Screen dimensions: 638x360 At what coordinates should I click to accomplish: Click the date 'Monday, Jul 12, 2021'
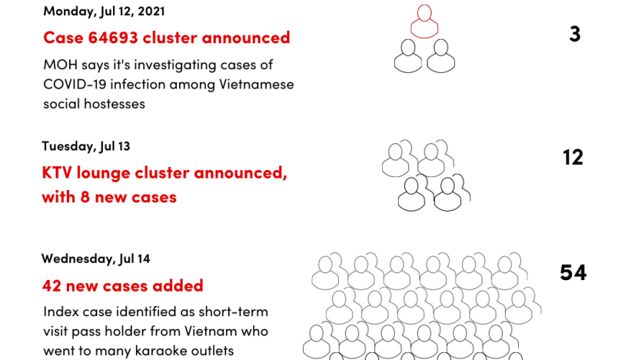tap(105, 11)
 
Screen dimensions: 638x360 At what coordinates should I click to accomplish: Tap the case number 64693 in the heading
tap(113, 38)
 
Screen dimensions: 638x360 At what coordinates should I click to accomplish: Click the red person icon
tap(424, 22)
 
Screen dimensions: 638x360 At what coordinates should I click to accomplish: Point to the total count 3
tap(575, 34)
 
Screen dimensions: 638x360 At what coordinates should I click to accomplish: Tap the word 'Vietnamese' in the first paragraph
tap(256, 85)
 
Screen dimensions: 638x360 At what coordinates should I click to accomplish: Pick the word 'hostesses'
tap(115, 104)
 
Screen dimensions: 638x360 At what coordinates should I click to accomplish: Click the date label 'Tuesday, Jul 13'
tap(86, 146)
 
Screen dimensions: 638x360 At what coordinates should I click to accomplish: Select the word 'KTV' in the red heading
tap(57, 172)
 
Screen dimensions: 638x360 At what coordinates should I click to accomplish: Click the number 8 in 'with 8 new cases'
tap(85, 197)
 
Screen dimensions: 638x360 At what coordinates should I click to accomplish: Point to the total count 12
tap(573, 157)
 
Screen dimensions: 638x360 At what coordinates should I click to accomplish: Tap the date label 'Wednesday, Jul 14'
tap(95, 258)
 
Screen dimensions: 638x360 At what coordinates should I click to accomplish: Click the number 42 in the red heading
tap(52, 286)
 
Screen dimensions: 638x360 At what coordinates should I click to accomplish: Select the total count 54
tap(573, 272)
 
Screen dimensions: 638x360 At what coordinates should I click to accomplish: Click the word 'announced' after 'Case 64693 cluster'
tap(246, 38)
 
